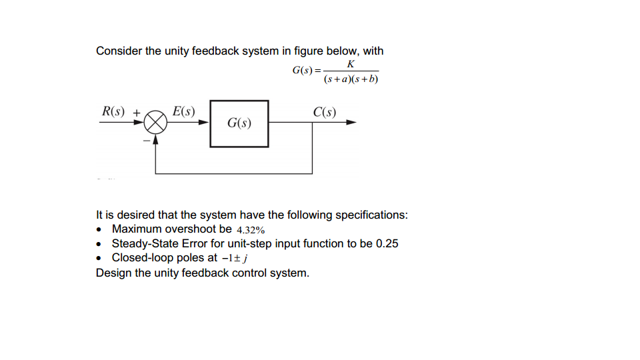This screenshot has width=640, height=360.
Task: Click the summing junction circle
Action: tap(156, 123)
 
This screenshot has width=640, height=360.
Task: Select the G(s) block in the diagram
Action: tap(239, 123)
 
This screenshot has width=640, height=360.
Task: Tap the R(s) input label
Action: tap(113, 111)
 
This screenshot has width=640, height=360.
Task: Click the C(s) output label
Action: tap(325, 111)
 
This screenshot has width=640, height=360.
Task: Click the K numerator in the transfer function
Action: tap(351, 64)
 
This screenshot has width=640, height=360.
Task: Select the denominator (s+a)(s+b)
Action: tap(351, 79)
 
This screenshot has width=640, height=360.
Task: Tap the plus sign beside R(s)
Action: tap(136, 113)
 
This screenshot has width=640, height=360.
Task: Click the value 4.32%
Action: tap(251, 230)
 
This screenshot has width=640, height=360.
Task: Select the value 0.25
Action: tap(387, 243)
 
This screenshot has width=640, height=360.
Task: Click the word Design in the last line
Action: tap(113, 273)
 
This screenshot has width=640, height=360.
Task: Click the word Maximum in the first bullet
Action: tap(137, 229)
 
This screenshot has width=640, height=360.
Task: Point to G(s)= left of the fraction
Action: tap(306, 70)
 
